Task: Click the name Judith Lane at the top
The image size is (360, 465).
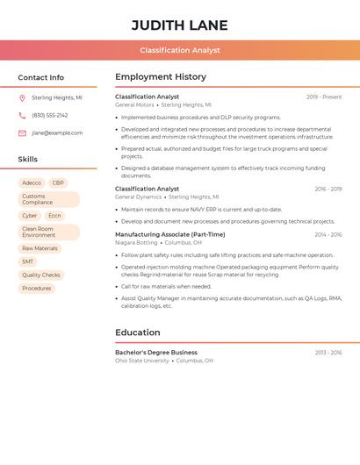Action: [x=180, y=25]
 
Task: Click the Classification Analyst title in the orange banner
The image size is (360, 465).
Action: [x=180, y=50]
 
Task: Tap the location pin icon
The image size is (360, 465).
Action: [x=22, y=98]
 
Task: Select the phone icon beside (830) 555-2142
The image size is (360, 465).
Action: [x=22, y=115]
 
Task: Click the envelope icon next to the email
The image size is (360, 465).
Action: [x=22, y=133]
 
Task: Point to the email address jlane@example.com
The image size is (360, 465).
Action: [x=57, y=133]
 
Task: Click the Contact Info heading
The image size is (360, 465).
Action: [x=40, y=77]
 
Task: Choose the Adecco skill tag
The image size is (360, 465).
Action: [x=32, y=183]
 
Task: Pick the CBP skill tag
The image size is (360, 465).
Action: [x=58, y=183]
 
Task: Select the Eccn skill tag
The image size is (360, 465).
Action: [x=54, y=216]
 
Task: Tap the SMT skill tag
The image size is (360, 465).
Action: [x=28, y=261]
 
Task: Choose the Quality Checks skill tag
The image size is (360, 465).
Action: [x=41, y=275]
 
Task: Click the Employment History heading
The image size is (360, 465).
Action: [x=161, y=77]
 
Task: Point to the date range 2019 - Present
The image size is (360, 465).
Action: [x=324, y=97]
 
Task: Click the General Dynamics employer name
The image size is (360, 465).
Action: [x=138, y=197]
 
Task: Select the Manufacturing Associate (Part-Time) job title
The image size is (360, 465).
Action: [x=169, y=234]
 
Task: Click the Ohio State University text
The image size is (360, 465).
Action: [x=142, y=361]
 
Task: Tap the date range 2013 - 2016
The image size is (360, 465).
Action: [x=328, y=353]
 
